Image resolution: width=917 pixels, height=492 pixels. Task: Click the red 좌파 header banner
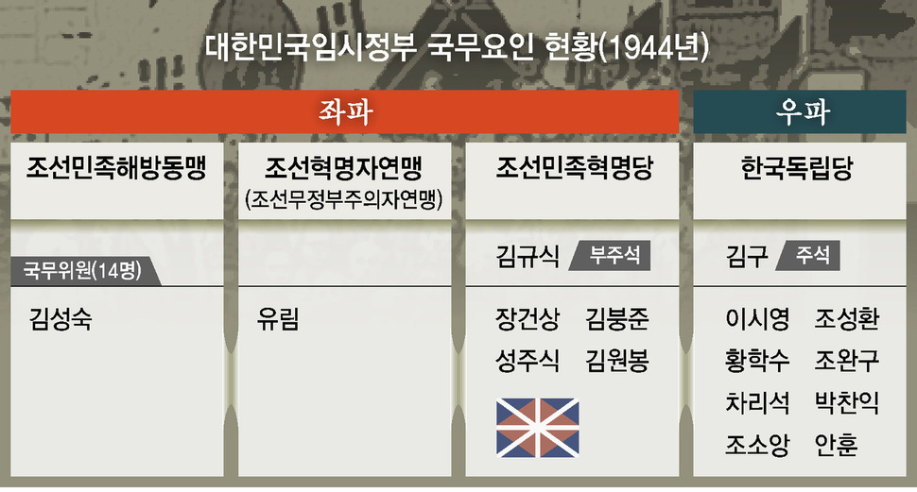pyautogui.click(x=344, y=111)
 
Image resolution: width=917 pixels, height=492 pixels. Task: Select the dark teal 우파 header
pyautogui.click(x=800, y=111)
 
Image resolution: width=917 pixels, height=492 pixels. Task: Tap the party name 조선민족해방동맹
pyautogui.click(x=116, y=168)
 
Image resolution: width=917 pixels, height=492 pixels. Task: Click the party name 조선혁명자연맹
pyautogui.click(x=344, y=168)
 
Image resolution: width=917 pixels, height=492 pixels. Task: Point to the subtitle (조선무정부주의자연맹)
pyautogui.click(x=344, y=199)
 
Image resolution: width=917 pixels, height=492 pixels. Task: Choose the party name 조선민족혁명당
pyautogui.click(x=574, y=168)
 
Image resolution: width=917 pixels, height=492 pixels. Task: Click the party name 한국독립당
pyautogui.click(x=797, y=168)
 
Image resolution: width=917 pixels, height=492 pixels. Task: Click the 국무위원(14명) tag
pyautogui.click(x=85, y=270)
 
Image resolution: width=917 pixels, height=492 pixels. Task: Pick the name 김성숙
pyautogui.click(x=61, y=319)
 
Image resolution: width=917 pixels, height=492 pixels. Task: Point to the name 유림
pyautogui.click(x=278, y=319)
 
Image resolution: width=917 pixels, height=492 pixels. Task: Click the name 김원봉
pyautogui.click(x=617, y=361)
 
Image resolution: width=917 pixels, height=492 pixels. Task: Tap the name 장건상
pyautogui.click(x=528, y=319)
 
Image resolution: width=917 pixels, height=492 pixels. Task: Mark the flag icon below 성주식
pyautogui.click(x=538, y=428)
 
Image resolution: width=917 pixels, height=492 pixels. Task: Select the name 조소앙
pyautogui.click(x=757, y=445)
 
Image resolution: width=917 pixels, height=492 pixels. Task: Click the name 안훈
pyautogui.click(x=837, y=445)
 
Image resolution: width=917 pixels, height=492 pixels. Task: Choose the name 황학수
pyautogui.click(x=757, y=361)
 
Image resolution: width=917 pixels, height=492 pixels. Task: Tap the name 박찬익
pyautogui.click(x=847, y=402)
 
